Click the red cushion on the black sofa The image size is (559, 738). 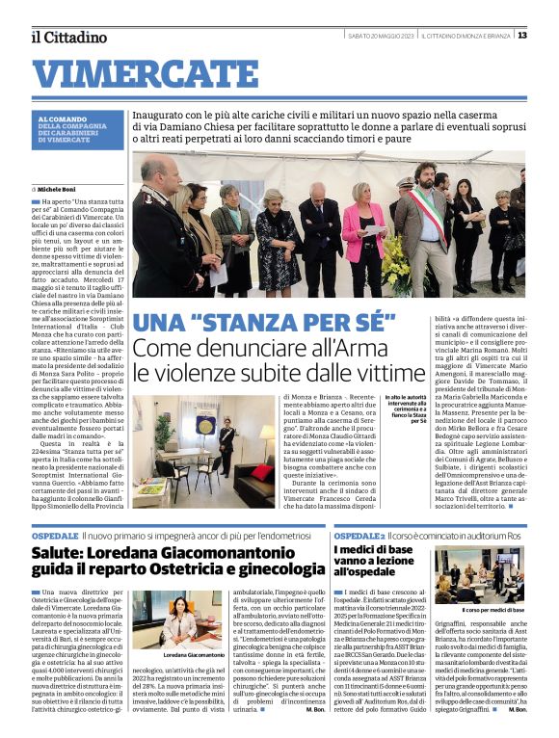click(260, 471)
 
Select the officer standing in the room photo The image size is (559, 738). click(226, 447)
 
